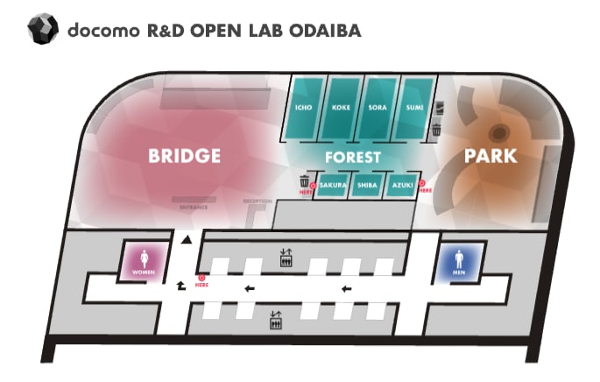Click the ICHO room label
point(305,108)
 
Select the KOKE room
point(342,108)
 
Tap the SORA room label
point(378,108)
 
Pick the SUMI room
point(415,108)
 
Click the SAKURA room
point(333,186)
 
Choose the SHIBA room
point(367,186)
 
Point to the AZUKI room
point(402,186)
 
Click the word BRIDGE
point(184,157)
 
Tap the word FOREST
point(351,158)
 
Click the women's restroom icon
point(143,261)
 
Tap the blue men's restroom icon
point(458,261)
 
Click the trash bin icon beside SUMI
point(436,131)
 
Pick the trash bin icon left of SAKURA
point(305,181)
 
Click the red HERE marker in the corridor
point(201,280)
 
